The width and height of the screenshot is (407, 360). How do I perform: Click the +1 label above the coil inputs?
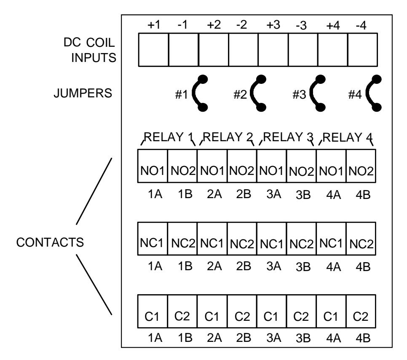154,25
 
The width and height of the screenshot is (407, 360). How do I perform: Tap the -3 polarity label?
301,25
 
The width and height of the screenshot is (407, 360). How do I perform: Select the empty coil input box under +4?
333,50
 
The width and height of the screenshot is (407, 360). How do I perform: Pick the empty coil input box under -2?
244,50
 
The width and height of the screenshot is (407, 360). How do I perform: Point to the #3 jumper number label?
299,94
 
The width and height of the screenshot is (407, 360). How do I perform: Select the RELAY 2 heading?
228,137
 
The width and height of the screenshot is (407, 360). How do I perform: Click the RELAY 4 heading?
348,137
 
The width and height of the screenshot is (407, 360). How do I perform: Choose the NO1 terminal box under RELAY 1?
153,166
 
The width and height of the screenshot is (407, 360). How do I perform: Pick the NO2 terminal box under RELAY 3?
301,166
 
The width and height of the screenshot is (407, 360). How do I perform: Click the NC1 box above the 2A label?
212,239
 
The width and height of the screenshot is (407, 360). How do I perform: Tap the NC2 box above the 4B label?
361,239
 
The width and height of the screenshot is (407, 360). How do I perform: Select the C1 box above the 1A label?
153,311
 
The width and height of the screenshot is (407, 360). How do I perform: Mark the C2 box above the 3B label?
301,311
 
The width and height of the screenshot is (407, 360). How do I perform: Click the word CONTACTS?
50,242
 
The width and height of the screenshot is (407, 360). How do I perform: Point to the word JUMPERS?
83,93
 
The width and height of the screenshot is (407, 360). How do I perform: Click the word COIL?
100,43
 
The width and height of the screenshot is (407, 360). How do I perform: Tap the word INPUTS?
94,58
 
